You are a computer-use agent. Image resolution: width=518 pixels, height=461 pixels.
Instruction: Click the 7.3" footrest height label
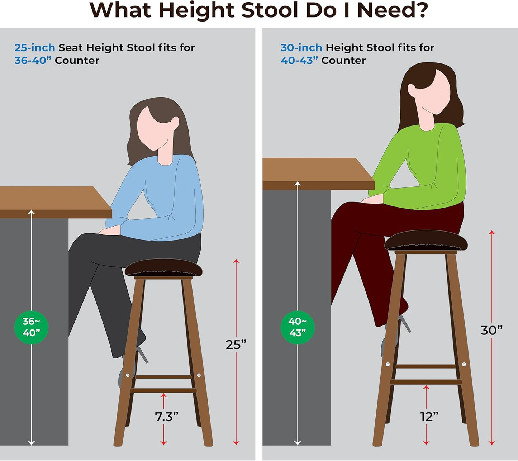(167, 417)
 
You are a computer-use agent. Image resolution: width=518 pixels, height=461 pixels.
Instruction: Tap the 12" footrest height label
(429, 417)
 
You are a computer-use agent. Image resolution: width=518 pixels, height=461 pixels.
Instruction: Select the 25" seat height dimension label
(236, 344)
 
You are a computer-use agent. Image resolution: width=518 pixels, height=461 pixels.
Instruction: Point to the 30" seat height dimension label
(491, 330)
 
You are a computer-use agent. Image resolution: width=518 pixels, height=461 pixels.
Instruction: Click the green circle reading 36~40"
(31, 327)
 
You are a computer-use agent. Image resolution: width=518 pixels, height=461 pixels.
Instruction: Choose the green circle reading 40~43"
(298, 327)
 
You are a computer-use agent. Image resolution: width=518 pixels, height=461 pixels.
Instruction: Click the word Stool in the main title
(269, 10)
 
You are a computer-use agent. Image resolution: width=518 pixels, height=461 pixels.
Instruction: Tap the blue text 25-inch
(35, 48)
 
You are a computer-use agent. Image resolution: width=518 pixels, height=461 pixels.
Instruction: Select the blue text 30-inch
(301, 48)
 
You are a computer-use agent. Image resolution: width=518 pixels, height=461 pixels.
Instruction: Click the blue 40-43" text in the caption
(299, 61)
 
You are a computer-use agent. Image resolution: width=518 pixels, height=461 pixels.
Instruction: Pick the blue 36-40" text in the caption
(33, 61)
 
